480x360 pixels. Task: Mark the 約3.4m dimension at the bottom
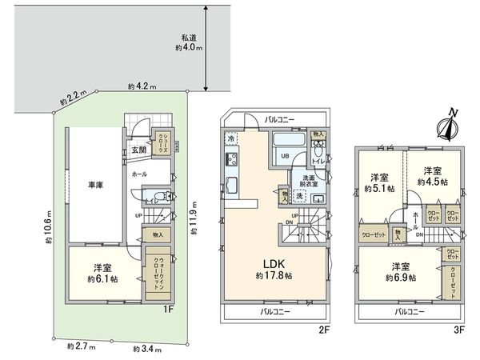(145, 349)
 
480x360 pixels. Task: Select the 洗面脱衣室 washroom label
(309, 181)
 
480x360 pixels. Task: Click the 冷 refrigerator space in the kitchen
(230, 138)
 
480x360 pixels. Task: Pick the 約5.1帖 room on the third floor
(378, 183)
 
